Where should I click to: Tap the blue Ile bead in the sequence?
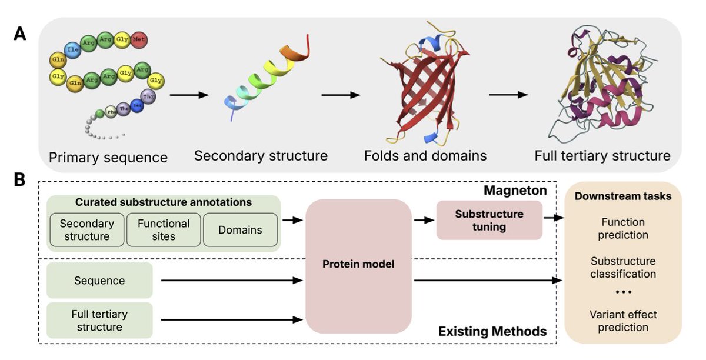(72, 50)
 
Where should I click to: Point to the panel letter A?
(20, 34)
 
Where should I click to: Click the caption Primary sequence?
(108, 158)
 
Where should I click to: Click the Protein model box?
(358, 265)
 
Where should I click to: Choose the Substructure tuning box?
(489, 220)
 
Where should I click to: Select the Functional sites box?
(163, 229)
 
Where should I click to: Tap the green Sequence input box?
(99, 281)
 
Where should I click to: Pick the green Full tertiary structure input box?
(99, 320)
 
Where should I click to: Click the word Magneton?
(515, 192)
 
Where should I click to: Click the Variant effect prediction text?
(623, 321)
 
